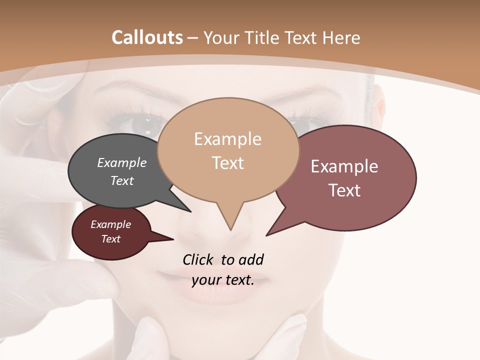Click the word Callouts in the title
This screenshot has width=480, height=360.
[x=147, y=37]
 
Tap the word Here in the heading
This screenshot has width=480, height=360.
[x=341, y=37]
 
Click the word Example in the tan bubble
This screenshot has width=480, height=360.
[x=227, y=139]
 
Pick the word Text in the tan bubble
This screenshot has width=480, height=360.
[x=227, y=163]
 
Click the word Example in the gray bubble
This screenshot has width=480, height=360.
[x=121, y=162]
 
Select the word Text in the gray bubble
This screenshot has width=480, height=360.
[x=121, y=180]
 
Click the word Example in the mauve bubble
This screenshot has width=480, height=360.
[x=344, y=166]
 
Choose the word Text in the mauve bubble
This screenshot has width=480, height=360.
[x=344, y=190]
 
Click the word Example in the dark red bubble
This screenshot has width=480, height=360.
[x=110, y=224]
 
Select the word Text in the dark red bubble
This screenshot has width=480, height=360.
[x=110, y=239]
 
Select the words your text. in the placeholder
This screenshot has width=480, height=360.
[x=223, y=280]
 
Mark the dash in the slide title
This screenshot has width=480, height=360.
[x=193, y=38]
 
